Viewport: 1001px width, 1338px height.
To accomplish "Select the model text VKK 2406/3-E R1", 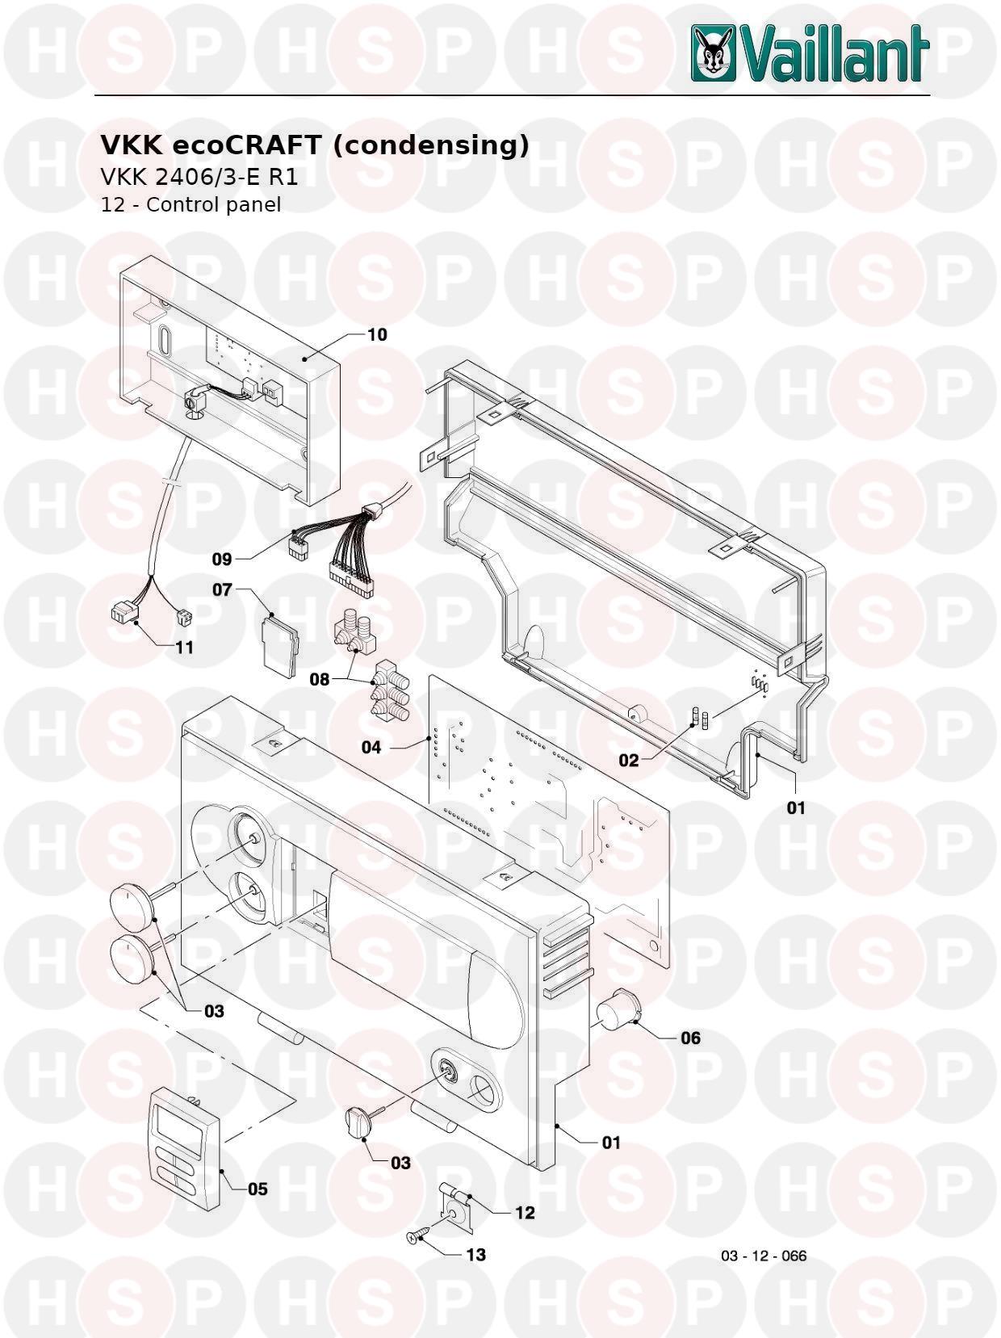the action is [x=199, y=177].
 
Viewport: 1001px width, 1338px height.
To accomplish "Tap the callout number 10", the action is [x=377, y=334].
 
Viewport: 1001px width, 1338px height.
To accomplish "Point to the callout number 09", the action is [x=222, y=558].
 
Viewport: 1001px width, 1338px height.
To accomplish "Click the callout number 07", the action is [x=222, y=589].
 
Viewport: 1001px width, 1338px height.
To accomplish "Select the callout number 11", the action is [x=184, y=647].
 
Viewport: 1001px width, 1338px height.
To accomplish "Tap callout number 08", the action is [x=319, y=679].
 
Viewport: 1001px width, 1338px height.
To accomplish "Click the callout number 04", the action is [x=371, y=748].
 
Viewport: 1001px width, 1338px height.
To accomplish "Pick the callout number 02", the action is [x=629, y=760].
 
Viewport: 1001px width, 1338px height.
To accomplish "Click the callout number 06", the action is [x=690, y=1038].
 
